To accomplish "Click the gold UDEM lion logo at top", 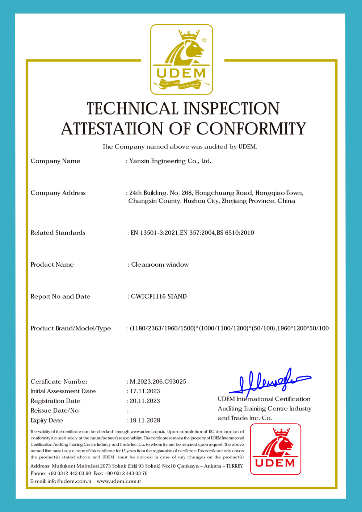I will coord(181,59).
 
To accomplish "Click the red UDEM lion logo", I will coord(275,449).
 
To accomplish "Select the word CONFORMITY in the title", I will coord(251,129).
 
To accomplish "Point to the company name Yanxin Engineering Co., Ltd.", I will coord(170,161).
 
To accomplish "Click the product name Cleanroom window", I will coord(160,265).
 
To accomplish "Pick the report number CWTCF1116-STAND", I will coord(159,296).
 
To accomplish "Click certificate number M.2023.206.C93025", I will coord(158,382).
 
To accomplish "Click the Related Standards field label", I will coord(58,233).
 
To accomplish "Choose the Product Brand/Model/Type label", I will coord(71,328).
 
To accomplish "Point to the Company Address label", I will coord(58,193).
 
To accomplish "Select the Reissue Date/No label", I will coord(54,411).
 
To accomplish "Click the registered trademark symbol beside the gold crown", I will coord(204,40).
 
